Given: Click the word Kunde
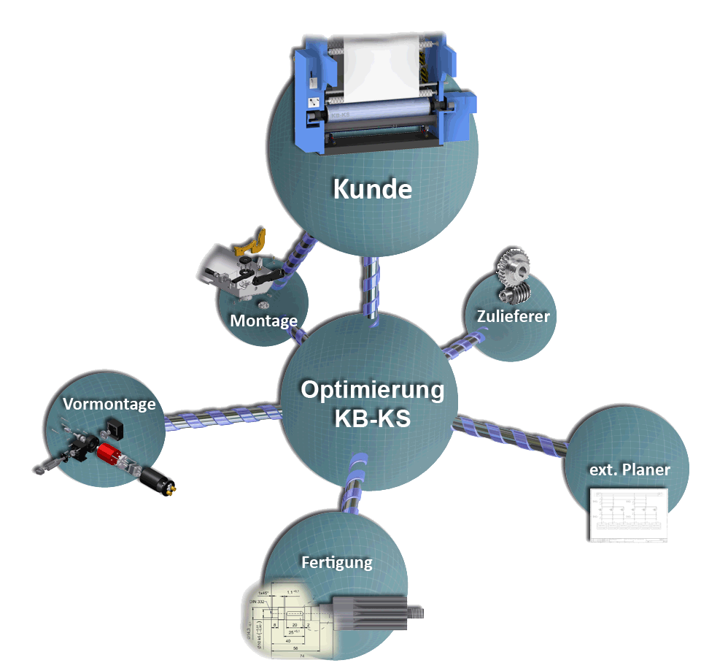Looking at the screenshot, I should click(372, 189).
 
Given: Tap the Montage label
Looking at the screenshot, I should click(263, 321).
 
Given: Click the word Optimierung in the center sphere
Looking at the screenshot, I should click(372, 390).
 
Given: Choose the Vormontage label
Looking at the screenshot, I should click(109, 404).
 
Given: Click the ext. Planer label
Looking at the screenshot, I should click(629, 469).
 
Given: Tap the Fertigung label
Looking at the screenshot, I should click(336, 562).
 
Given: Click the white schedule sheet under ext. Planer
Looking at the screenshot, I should click(628, 515).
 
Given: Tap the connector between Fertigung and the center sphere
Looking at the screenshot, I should click(354, 486).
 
